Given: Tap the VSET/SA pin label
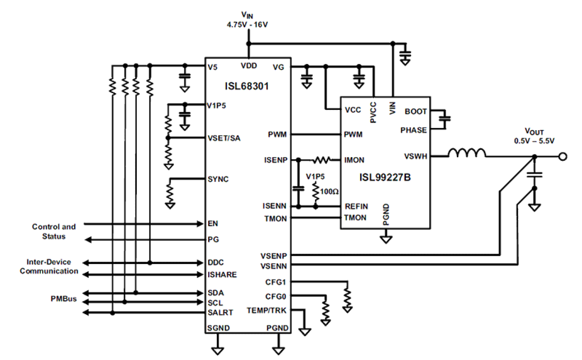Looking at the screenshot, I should [224, 138].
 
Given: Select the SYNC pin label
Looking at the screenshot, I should [218, 179].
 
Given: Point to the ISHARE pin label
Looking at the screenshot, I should [222, 275].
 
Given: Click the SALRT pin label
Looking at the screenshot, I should [220, 312].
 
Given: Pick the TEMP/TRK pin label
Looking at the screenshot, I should [266, 310].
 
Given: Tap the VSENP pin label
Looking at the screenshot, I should [274, 255].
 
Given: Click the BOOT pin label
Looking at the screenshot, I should [416, 112].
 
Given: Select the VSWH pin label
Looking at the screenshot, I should [416, 157].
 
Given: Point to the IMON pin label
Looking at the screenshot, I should [354, 160].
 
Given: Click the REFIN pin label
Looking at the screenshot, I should [355, 206].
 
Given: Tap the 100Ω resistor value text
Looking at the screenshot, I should [330, 190].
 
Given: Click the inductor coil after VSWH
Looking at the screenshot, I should [467, 153].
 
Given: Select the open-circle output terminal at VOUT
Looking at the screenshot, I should [563, 157].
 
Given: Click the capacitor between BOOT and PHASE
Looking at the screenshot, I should [445, 120].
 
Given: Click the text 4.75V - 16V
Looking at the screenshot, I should [247, 24].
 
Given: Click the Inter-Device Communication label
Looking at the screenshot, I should [49, 266].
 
